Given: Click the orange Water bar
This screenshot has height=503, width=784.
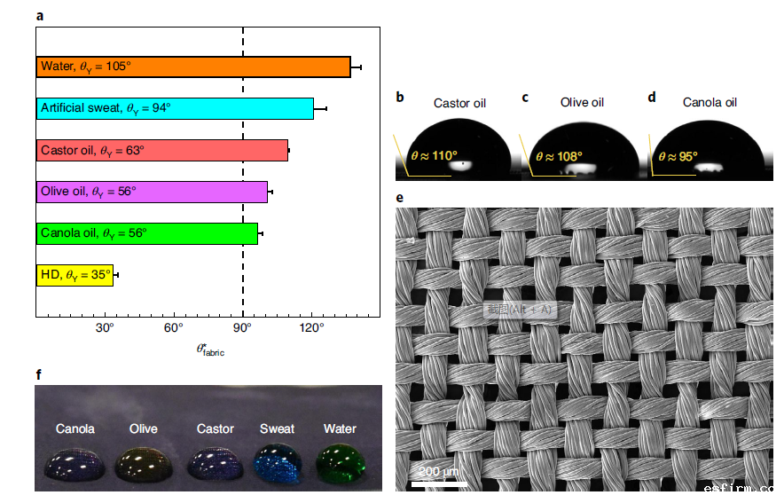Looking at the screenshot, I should coord(193,67).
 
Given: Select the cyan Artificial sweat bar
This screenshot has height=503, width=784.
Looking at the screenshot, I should coord(175,108).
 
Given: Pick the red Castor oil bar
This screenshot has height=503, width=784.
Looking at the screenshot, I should coord(162,151).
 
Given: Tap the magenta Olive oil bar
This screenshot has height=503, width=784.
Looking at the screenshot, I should coord(152,192).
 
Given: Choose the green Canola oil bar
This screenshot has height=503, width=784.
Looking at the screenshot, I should coord(147,233).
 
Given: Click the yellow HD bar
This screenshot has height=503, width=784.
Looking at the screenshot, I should coord(74,276).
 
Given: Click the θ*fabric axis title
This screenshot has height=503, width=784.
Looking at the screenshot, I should coord(210,350).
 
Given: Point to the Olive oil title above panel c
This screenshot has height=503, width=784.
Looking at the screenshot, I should coord(582,103).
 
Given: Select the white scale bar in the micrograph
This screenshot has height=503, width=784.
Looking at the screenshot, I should coord(439,484).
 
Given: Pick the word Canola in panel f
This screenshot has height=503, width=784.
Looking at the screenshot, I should coord(75,428).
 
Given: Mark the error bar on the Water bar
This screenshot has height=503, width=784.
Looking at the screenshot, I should coord(356,67).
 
